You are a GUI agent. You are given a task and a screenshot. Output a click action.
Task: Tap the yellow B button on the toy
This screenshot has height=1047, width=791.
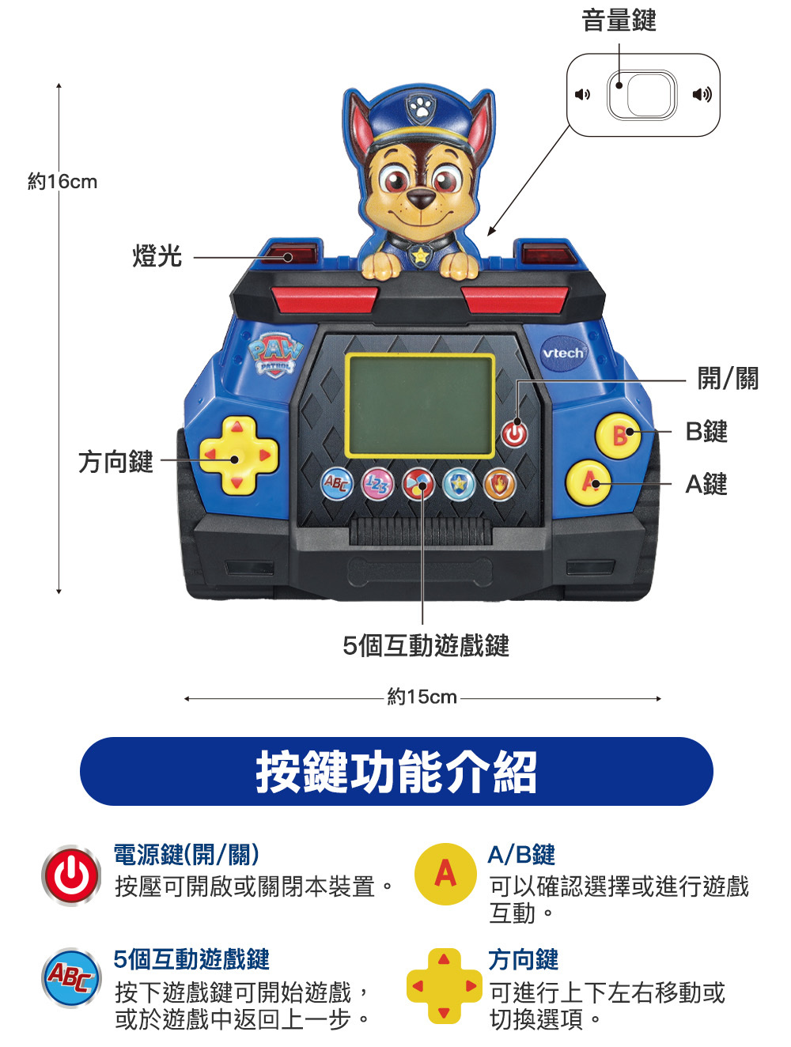(618, 435)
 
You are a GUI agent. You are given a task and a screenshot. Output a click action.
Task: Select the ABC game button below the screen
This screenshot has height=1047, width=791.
(336, 483)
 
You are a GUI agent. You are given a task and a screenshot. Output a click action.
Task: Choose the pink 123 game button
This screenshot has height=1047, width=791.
(377, 484)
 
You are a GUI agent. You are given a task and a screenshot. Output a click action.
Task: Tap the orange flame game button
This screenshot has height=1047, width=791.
(499, 484)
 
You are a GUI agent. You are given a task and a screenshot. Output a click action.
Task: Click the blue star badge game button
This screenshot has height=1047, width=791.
(459, 484)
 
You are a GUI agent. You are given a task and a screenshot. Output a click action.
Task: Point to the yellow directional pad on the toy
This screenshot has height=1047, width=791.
(237, 455)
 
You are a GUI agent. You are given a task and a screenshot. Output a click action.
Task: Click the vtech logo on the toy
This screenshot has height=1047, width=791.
(563, 353)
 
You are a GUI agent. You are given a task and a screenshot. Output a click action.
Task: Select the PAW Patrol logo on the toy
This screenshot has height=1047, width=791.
(275, 355)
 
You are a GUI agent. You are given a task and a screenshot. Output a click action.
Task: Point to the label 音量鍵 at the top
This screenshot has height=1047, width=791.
(619, 21)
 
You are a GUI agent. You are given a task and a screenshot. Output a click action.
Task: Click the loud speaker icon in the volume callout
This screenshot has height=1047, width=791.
(702, 94)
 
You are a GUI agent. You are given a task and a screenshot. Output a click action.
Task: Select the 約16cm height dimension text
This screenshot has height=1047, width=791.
(62, 182)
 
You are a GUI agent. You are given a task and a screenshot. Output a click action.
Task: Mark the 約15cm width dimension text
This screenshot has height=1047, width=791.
(422, 697)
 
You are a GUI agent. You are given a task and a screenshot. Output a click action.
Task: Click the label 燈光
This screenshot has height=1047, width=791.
(157, 255)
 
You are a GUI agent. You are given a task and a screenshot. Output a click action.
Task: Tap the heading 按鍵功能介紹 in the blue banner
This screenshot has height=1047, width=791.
(396, 772)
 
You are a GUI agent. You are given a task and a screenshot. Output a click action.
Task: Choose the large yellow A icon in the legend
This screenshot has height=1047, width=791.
(445, 874)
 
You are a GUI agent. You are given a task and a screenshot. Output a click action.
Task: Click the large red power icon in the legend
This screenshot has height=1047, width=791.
(71, 875)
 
